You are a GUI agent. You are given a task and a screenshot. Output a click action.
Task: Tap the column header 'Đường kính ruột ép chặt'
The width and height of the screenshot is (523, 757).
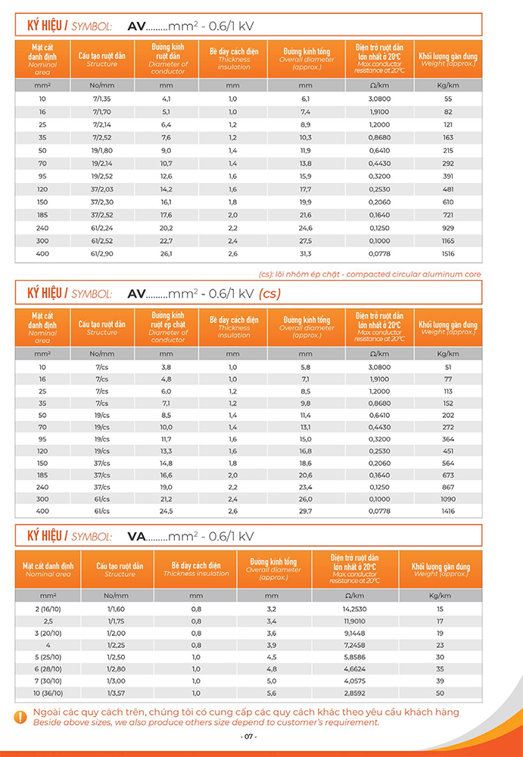pyautogui.click(x=168, y=327)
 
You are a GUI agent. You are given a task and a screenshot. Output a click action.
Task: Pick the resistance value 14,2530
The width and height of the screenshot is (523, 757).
pyautogui.click(x=355, y=609)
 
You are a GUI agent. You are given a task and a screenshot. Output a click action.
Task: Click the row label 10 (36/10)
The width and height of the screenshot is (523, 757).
pyautogui.click(x=48, y=693)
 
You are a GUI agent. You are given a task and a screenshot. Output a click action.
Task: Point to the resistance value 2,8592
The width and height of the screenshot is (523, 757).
pyautogui.click(x=355, y=693)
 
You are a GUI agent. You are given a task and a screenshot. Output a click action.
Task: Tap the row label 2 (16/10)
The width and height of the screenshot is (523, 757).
pyautogui.click(x=48, y=609)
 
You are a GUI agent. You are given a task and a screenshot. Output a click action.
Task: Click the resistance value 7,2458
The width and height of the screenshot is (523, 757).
pyautogui.click(x=355, y=645)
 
